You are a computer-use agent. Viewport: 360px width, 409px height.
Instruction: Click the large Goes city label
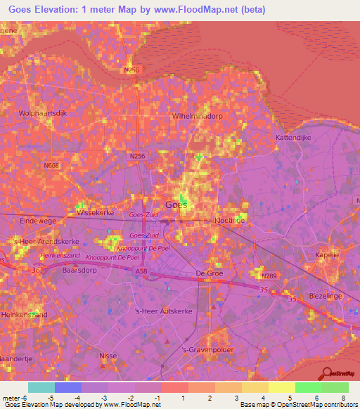(176, 204)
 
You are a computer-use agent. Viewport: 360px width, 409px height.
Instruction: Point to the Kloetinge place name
(229, 220)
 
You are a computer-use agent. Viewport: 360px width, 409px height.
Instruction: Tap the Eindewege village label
(18, 220)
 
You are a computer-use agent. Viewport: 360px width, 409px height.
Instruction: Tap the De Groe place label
(208, 273)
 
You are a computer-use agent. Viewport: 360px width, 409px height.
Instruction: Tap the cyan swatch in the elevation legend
(41, 387)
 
